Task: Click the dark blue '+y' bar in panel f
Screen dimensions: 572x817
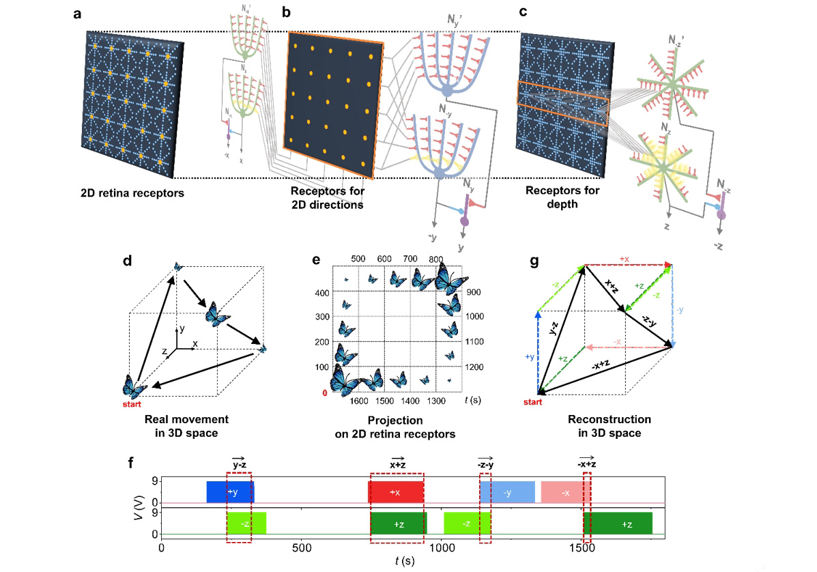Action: click(x=230, y=491)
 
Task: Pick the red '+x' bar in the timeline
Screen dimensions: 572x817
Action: click(x=395, y=491)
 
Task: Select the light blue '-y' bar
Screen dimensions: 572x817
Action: click(x=506, y=491)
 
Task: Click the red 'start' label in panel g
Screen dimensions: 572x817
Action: click(x=532, y=402)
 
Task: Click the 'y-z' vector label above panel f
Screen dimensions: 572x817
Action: click(x=238, y=465)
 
